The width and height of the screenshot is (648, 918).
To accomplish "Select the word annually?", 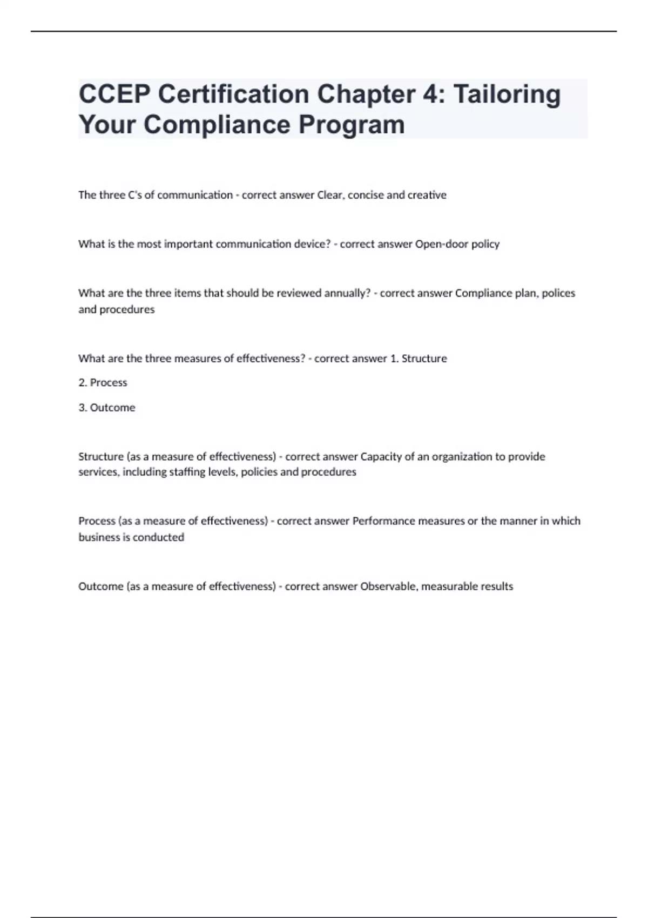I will point(347,293).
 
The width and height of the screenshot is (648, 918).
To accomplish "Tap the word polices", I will point(558,293).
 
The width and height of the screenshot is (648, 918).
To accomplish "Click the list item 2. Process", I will point(103,382).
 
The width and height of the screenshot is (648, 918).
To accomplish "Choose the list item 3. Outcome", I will point(107,408).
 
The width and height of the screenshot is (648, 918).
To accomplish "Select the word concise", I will point(365,195).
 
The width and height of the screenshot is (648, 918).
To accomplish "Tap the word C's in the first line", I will point(134,195).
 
